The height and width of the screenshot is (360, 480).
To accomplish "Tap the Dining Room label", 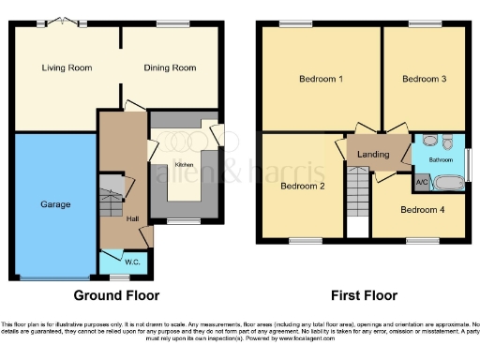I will pos(170,67).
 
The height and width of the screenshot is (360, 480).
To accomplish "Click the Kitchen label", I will pos(184,164).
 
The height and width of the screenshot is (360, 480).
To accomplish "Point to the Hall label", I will pos(133,218).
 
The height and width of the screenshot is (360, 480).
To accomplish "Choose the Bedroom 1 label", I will pos(320,79).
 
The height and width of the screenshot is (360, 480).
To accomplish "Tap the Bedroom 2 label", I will pos(303,186).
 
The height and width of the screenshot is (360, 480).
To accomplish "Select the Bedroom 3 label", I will pos(424,79).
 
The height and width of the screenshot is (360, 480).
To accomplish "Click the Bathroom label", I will pos(441,160).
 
